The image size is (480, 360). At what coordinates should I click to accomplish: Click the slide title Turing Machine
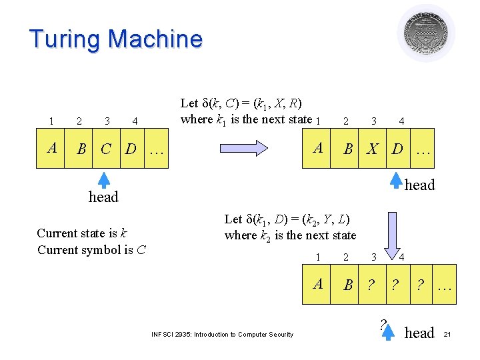(x=115, y=39)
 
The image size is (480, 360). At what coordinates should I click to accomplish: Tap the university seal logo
(x=426, y=33)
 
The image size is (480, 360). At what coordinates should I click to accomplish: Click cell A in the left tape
(x=52, y=147)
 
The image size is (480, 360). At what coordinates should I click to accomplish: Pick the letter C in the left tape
(x=106, y=147)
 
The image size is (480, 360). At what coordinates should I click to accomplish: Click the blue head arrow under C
(x=103, y=180)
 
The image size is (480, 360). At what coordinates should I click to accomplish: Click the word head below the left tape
(x=103, y=197)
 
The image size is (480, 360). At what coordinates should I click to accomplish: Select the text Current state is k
(x=82, y=233)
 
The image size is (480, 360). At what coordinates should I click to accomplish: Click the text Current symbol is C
(x=92, y=250)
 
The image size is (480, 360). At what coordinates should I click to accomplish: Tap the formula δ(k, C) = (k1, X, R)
(x=241, y=103)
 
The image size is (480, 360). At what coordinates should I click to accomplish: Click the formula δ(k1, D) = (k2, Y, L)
(x=287, y=219)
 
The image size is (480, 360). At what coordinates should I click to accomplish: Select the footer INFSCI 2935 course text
(x=222, y=335)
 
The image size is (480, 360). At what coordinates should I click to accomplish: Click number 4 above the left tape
(x=135, y=121)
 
